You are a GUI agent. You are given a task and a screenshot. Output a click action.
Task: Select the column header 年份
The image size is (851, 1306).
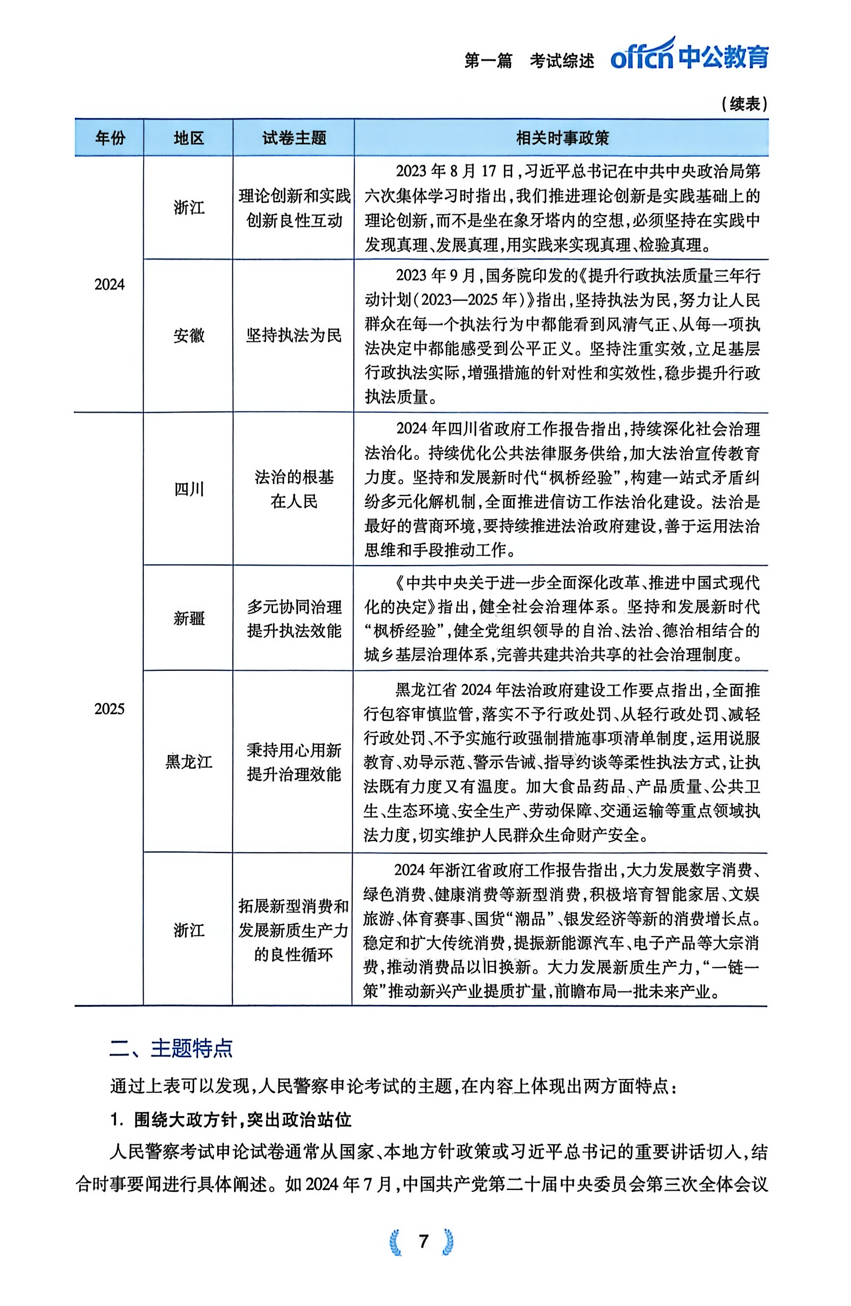click(x=110, y=138)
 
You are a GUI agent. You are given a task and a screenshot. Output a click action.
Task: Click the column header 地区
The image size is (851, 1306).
click(x=188, y=138)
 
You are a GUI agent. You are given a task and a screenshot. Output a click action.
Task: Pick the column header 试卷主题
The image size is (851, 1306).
click(x=294, y=138)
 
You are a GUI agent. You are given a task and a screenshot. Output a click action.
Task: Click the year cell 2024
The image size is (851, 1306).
click(x=110, y=284)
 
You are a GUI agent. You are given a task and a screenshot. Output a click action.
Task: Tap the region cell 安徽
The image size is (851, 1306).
click(x=188, y=335)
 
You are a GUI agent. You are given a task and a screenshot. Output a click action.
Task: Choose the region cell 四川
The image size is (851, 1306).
click(x=188, y=489)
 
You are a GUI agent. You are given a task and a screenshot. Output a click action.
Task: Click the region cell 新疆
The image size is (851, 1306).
click(x=188, y=619)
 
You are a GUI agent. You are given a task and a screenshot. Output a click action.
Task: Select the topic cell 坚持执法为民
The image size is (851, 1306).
click(x=294, y=335)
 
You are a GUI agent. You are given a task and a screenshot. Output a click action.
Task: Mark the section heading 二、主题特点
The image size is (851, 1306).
click(x=171, y=1048)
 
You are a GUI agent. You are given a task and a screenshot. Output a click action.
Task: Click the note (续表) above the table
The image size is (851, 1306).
click(x=744, y=104)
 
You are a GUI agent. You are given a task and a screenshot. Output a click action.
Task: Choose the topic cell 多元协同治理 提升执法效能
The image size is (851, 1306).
click(x=294, y=619)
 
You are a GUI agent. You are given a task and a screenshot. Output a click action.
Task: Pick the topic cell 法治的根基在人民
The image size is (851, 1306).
click(x=294, y=489)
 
